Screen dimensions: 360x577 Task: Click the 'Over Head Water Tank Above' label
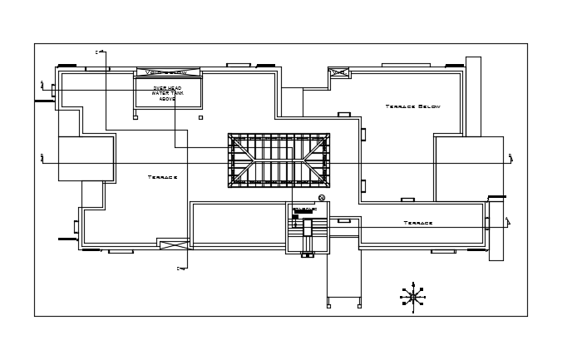click(168, 93)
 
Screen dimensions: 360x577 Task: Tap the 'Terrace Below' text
click(412, 106)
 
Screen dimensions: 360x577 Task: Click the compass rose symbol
click(413, 296)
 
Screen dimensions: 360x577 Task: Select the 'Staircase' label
click(304, 209)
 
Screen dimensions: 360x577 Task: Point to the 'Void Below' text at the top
click(168, 72)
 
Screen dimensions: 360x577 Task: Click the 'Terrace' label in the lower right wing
click(418, 223)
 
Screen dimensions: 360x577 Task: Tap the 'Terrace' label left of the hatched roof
click(162, 177)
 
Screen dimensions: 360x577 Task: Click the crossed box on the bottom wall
click(175, 245)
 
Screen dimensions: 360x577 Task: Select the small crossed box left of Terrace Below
click(338, 73)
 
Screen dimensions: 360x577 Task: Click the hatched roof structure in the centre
click(279, 160)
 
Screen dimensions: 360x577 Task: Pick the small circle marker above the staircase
click(322, 197)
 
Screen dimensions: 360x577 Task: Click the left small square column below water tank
click(135, 117)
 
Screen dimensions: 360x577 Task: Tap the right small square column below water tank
click(200, 117)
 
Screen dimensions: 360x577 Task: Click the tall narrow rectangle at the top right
click(473, 96)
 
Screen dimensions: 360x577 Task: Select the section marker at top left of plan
click(99, 52)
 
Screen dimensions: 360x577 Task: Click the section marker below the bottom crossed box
click(180, 269)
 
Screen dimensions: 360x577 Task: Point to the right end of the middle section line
click(510, 158)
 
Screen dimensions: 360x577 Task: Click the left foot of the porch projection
click(328, 306)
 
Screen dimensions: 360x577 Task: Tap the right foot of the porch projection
click(360, 306)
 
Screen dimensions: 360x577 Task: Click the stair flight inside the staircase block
click(308, 228)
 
